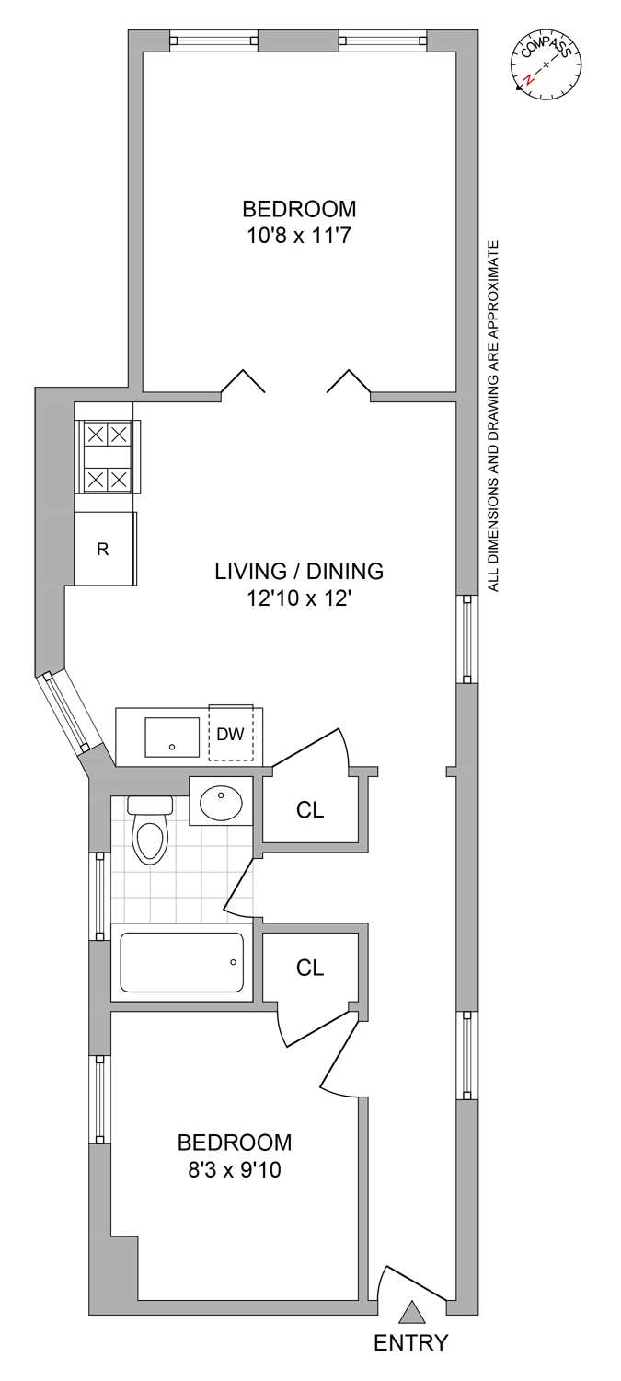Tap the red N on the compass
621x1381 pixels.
[528, 79]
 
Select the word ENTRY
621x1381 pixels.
[411, 1355]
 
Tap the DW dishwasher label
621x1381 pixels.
[230, 734]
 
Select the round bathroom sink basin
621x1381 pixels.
[221, 800]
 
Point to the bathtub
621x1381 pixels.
[182, 962]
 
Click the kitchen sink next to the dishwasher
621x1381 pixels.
[172, 737]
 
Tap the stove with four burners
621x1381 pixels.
[108, 457]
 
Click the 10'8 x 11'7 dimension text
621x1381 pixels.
[299, 236]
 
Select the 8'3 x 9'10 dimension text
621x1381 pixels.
[235, 1169]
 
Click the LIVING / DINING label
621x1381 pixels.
[299, 571]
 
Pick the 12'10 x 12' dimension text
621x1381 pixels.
[299, 598]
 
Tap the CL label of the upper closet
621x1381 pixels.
[310, 809]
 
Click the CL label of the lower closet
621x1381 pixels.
[310, 968]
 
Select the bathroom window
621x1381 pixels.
[99, 896]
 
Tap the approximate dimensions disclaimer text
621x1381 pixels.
[493, 416]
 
